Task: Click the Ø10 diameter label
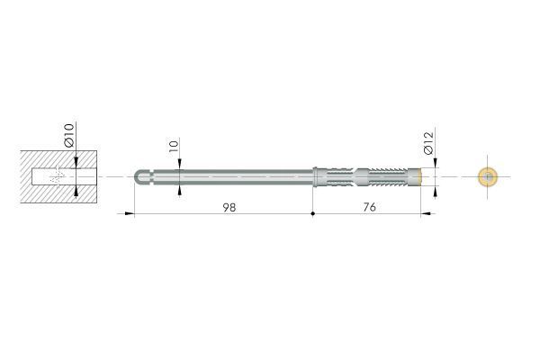pos(69,135)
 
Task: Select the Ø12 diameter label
pos(428,143)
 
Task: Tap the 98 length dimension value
pos(229,207)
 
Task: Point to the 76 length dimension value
pos(370,207)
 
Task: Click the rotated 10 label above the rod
pos(175,146)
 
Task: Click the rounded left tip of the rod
pos(137,177)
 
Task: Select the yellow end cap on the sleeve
pos(419,176)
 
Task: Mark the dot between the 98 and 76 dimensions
pos(312,213)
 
